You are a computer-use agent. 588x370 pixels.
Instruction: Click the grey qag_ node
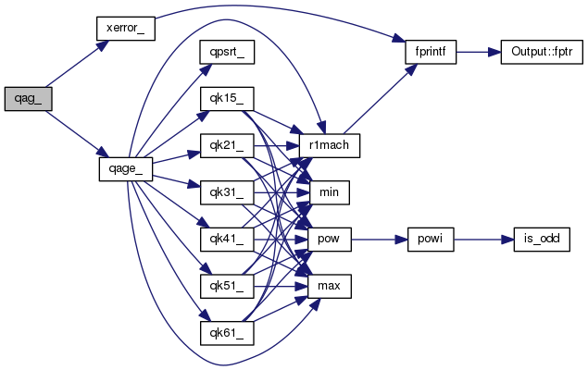(28, 99)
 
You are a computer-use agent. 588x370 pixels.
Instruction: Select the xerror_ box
(126, 29)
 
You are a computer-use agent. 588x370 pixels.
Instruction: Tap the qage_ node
(126, 169)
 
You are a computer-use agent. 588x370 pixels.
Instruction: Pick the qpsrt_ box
(227, 52)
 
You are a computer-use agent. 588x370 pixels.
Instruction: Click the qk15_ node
(227, 99)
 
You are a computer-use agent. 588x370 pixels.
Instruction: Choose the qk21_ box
(227, 145)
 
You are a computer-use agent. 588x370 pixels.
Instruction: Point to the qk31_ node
(227, 192)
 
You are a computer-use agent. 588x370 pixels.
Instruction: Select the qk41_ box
(227, 240)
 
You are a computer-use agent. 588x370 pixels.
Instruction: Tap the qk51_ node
(227, 287)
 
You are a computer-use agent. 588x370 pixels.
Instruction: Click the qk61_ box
(227, 333)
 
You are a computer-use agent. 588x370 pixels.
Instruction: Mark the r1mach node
(330, 145)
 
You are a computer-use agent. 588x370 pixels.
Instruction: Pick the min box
(330, 192)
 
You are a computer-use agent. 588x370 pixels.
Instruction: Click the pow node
(330, 240)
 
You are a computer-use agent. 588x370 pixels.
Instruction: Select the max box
(330, 287)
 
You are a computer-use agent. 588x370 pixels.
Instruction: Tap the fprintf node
(431, 52)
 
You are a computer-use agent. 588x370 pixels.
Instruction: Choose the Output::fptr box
(542, 52)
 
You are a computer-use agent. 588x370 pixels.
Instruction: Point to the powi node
(431, 240)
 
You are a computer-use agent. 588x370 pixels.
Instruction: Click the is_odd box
(542, 240)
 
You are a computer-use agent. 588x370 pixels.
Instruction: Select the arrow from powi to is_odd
(483, 240)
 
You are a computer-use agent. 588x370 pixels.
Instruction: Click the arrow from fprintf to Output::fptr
(479, 52)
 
